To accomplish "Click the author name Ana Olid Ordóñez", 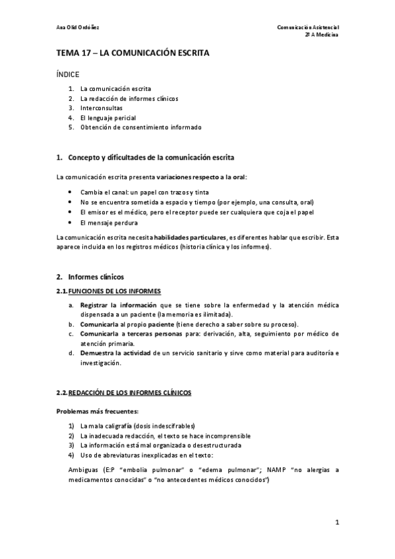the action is pyautogui.click(x=78, y=27).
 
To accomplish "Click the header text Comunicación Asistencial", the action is pyautogui.click(x=307, y=27).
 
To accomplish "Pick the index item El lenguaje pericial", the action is pyautogui.click(x=108, y=117).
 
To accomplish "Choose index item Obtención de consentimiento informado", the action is pyautogui.click(x=140, y=127).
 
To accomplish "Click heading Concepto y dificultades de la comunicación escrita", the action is pyautogui.click(x=150, y=158).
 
